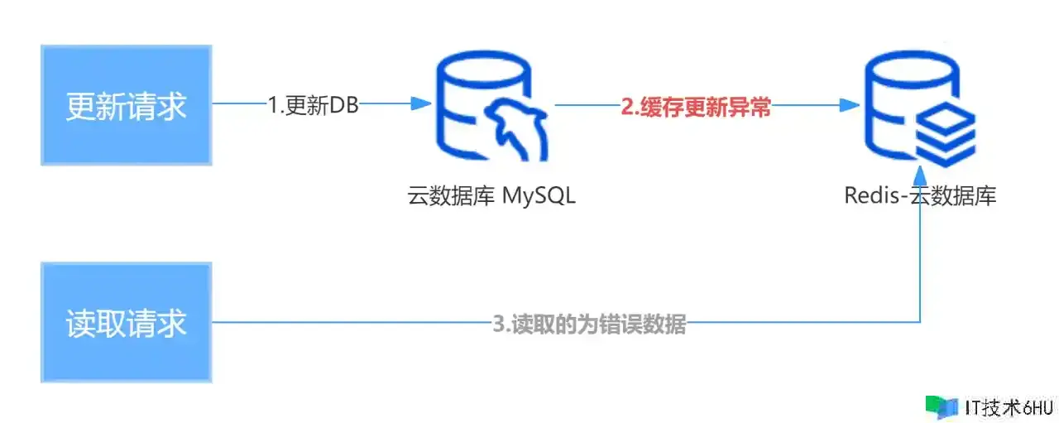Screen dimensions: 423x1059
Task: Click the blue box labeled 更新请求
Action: tap(127, 105)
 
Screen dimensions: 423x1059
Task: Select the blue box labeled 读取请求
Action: tap(127, 322)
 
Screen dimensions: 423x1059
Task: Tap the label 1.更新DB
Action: tap(313, 105)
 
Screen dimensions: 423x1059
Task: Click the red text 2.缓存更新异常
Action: tap(696, 106)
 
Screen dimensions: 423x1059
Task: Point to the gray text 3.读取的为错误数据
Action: tap(589, 324)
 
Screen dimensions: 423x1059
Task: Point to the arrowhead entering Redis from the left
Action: tap(848, 105)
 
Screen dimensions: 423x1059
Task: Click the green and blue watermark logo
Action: tap(942, 406)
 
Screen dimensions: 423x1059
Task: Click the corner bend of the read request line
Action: tap(920, 322)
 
